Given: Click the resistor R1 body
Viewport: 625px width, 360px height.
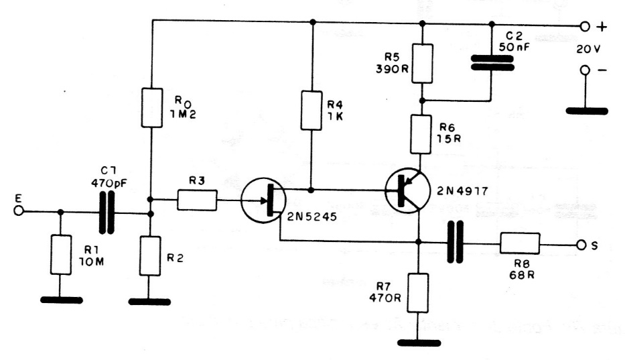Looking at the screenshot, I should (x=61, y=255).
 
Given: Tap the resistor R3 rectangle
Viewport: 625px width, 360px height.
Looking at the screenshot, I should (x=198, y=199).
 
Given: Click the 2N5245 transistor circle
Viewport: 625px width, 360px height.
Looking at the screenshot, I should (x=263, y=200).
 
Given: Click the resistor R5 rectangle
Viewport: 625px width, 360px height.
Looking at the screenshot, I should (x=422, y=64).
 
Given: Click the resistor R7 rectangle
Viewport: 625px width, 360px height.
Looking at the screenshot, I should (x=419, y=293).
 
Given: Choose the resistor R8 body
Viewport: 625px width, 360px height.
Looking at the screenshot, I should (x=520, y=244).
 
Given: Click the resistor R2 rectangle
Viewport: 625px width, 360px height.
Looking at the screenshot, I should (x=151, y=255).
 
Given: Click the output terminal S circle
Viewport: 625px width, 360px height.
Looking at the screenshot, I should (x=583, y=244).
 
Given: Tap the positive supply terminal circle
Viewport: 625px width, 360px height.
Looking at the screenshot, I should (x=585, y=27).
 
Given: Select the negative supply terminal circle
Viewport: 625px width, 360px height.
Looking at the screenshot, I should (x=585, y=70).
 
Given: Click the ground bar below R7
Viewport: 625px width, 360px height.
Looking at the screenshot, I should (x=419, y=342).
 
